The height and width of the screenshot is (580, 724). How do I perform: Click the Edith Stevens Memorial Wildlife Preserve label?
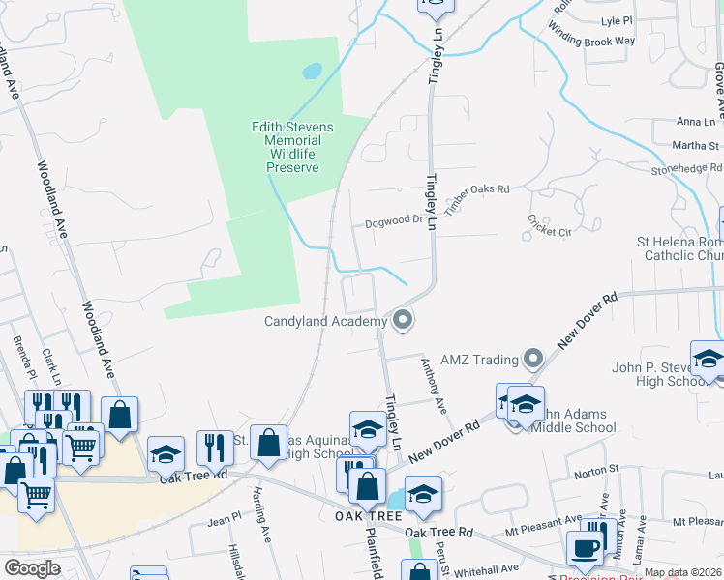pyautogui.click(x=292, y=147)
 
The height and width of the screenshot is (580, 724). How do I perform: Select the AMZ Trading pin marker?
pyautogui.click(x=532, y=360)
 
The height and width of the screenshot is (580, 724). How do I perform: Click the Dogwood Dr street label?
pyautogui.click(x=395, y=222)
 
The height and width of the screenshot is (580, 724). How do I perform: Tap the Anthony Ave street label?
pyautogui.click(x=433, y=386)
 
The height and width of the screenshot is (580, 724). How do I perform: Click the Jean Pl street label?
pyautogui.click(x=224, y=520)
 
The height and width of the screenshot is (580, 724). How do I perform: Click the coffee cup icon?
pyautogui.click(x=584, y=548)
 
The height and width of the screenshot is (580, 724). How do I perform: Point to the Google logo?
pyautogui.click(x=32, y=567)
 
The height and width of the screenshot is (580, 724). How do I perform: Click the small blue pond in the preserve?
pyautogui.click(x=312, y=72)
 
